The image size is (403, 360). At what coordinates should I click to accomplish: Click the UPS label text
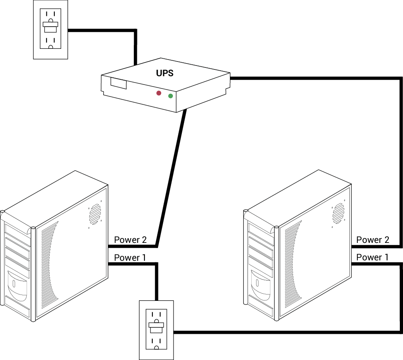coord(164,73)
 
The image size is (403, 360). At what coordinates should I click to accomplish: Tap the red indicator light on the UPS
coord(159,93)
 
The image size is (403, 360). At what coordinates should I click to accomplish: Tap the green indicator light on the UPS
coord(171,96)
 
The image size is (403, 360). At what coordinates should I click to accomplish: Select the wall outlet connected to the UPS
coord(50,29)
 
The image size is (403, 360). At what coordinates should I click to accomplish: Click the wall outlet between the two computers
coord(156,329)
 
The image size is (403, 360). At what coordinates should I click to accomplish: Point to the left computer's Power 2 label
coord(130,240)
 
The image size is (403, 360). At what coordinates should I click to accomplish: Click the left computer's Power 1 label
coord(130,258)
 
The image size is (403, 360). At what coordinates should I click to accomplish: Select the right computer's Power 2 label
coord(372,239)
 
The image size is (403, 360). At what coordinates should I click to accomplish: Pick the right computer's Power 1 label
coord(372,257)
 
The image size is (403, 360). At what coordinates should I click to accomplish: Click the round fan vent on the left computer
coord(95,214)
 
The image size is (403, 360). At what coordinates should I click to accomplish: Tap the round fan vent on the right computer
coord(338,214)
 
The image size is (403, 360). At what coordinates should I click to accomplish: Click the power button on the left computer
coord(14,284)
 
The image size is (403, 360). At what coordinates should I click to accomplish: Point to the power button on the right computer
coord(257,283)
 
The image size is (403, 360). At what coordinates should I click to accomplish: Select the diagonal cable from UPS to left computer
coord(171,179)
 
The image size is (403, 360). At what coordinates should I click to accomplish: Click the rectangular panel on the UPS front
coord(119,84)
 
